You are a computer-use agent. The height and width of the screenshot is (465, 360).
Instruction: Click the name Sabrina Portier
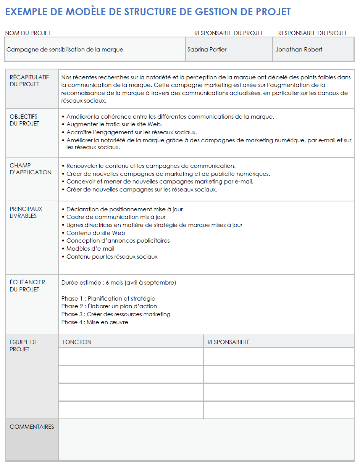coord(207,50)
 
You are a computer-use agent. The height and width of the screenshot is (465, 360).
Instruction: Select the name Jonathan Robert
coord(299,50)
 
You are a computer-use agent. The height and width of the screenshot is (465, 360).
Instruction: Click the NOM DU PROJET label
coord(28,33)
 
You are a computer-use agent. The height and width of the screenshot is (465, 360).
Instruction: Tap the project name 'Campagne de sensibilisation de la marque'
coord(65,50)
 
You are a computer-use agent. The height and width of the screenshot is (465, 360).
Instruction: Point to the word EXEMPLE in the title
coord(26,12)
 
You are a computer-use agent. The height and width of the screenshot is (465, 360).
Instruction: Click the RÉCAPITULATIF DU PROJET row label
coord(29,81)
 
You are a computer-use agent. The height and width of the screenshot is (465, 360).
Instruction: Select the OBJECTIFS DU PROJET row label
coord(24,120)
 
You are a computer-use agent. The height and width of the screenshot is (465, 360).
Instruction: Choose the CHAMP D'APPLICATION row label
coord(31,169)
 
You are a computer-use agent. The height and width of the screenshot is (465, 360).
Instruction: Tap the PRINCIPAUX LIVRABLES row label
coord(26,212)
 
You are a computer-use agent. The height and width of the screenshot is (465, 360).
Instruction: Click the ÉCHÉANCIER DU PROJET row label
coord(27,286)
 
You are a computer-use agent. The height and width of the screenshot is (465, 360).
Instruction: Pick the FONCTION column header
coord(77,342)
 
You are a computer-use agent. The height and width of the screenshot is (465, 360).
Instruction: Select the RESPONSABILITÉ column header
coord(229,342)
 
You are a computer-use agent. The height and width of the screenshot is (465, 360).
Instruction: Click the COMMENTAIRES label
coord(32,427)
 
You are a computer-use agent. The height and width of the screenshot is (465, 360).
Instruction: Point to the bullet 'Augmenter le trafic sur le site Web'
coord(115,124)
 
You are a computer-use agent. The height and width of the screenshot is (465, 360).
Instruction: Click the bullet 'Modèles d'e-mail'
coord(90,249)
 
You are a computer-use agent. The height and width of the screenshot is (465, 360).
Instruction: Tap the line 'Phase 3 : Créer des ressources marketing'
coord(116,314)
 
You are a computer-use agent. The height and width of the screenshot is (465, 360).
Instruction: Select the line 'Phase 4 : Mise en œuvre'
coord(95,322)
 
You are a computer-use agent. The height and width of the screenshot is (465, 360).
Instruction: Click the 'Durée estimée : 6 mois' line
coord(118,283)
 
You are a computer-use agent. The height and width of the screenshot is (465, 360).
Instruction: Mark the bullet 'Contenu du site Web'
coord(95,233)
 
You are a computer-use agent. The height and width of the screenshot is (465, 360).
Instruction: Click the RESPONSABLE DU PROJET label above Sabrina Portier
coord(228,33)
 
